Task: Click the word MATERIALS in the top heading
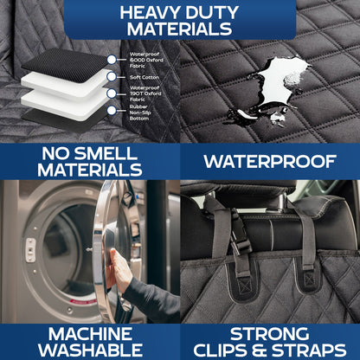point(179,30)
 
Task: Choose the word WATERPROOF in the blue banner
point(270,161)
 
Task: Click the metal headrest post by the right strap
point(311,204)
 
